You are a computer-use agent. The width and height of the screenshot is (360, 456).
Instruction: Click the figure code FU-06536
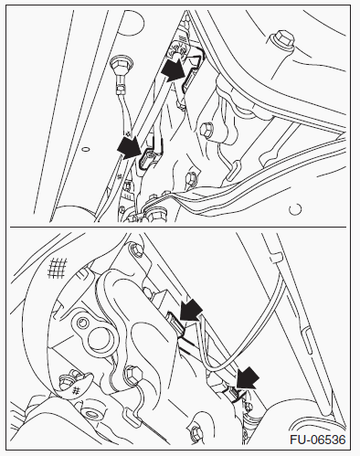point(318,440)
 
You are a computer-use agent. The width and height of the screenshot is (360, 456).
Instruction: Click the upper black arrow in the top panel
point(174,70)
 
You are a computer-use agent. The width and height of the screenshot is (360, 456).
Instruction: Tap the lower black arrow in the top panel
point(130,148)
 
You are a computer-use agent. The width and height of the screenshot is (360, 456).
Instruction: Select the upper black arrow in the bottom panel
point(191,310)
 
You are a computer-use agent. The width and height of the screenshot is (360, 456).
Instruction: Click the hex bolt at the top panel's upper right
point(283,39)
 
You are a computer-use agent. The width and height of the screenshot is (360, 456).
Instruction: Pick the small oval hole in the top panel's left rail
point(86,149)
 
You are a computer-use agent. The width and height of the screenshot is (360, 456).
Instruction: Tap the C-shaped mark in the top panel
point(295,209)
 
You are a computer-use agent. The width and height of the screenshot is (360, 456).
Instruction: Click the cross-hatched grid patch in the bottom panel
point(58,268)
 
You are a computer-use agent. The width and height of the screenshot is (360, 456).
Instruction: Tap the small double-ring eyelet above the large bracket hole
point(81,323)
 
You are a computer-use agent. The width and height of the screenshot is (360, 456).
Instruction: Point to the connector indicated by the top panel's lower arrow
point(146,157)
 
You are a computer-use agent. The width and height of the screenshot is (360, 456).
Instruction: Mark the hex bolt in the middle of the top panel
point(206,130)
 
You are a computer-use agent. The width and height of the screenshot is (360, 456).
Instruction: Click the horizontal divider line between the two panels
point(178,227)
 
